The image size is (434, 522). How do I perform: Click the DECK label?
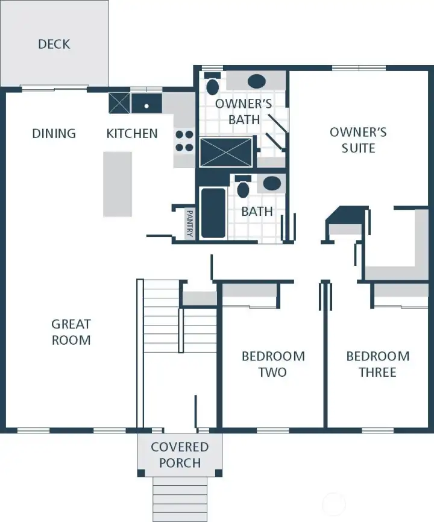click(54, 44)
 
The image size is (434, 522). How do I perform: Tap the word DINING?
click(54, 133)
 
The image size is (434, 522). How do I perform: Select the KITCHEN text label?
click(132, 133)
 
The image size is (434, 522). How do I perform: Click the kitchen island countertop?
click(118, 184)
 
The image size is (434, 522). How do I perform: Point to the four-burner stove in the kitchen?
click(184, 141)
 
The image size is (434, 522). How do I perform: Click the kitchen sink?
click(146, 104)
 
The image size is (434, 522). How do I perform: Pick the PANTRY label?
click(189, 223)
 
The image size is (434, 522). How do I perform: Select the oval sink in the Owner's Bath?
click(257, 81)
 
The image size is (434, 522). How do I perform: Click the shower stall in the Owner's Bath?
click(226, 152)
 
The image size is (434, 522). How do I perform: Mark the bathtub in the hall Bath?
click(213, 212)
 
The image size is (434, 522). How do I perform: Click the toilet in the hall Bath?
click(244, 187)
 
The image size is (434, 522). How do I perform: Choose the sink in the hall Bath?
click(272, 183)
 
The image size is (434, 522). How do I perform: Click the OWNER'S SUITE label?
click(358, 140)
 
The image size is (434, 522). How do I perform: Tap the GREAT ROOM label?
click(71, 332)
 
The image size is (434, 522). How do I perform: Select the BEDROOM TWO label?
click(273, 364)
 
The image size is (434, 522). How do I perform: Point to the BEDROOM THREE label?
click(378, 364)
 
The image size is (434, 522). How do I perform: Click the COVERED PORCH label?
click(180, 455)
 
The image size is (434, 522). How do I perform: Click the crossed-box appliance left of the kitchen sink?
click(119, 102)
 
